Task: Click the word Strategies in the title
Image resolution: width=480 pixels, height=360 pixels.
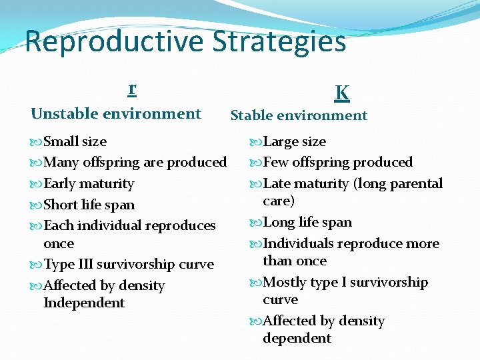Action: coord(279,42)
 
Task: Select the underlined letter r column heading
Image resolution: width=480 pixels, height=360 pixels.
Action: coord(132,88)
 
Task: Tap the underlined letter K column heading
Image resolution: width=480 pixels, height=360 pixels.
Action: coord(341,93)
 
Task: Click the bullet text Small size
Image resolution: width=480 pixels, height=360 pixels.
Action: coord(75,141)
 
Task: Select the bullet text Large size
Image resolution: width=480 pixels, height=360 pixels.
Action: coord(294,141)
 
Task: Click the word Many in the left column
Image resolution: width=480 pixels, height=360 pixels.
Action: coord(61,163)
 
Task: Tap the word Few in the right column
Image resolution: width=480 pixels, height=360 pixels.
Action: coord(277,163)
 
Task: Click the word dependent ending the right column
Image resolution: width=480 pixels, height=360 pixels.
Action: coord(297,339)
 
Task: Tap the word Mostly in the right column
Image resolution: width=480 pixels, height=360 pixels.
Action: coord(285,283)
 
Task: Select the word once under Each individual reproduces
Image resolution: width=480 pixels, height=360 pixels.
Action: coord(59,244)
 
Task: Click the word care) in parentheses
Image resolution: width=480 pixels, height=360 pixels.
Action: coord(279,201)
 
